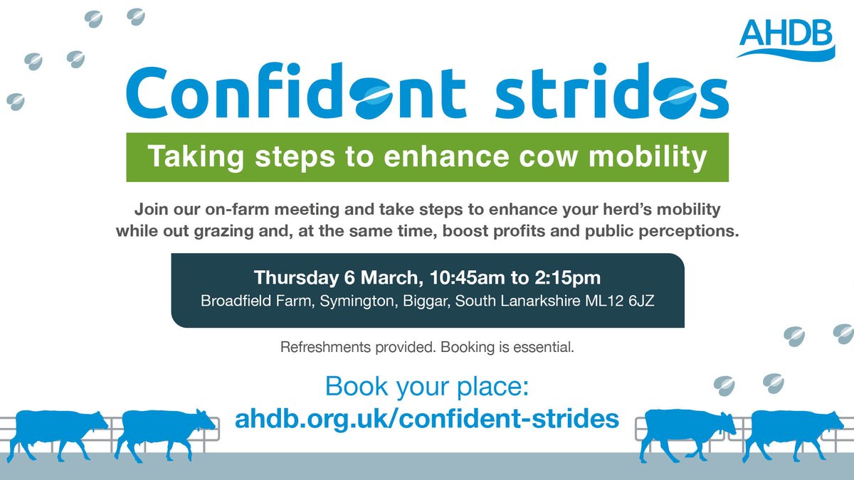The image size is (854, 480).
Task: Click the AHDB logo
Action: [786, 38]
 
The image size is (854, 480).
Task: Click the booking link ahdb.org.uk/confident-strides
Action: [426, 418]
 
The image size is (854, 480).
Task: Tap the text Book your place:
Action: [426, 388]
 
